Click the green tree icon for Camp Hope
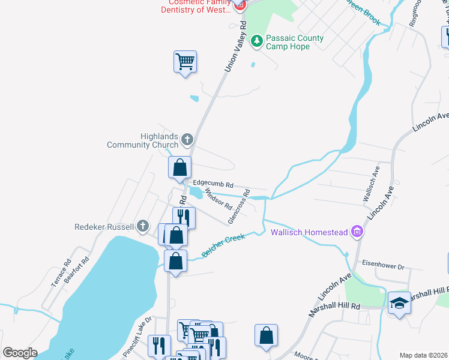(x=257, y=41)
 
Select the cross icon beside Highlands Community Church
(x=187, y=140)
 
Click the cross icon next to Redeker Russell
(x=142, y=226)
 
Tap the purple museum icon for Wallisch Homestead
(x=357, y=232)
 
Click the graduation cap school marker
(x=399, y=302)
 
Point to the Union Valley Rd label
(x=235, y=47)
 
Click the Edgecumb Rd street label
(x=212, y=185)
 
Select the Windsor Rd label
(x=218, y=199)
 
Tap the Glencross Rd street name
(x=239, y=207)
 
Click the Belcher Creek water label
(x=224, y=245)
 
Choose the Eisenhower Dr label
(x=384, y=263)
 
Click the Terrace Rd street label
(x=61, y=273)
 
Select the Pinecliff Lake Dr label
(x=137, y=338)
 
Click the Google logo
(x=20, y=353)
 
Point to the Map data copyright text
(x=423, y=355)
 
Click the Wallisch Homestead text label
(x=309, y=232)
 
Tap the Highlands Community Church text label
(x=143, y=140)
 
